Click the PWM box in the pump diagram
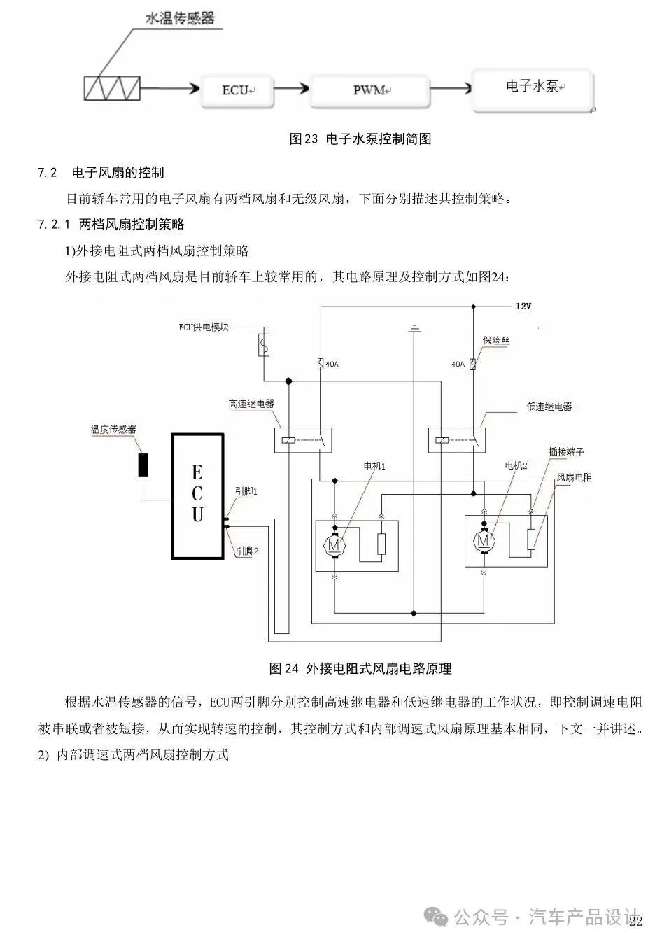click(369, 91)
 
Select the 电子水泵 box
click(533, 89)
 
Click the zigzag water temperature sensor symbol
click(111, 89)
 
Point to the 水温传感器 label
click(179, 19)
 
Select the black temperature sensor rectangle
click(143, 465)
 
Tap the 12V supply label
click(523, 307)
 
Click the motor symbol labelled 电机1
click(334, 542)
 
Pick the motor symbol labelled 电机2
click(484, 540)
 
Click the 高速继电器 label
click(251, 404)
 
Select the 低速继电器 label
click(549, 406)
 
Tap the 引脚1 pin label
click(246, 493)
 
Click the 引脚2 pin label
click(247, 551)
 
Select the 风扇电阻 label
click(574, 478)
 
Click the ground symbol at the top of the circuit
click(415, 327)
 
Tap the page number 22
click(635, 922)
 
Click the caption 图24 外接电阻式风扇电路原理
click(360, 669)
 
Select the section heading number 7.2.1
click(55, 225)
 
